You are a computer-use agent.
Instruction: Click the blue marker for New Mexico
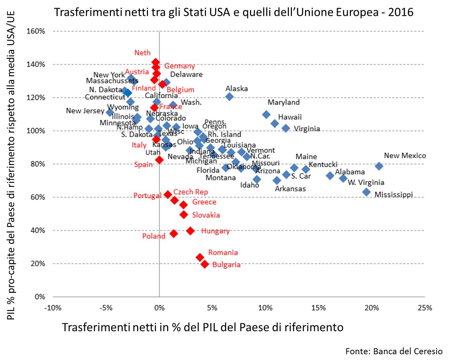click(x=379, y=166)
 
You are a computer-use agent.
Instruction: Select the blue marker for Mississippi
click(x=366, y=192)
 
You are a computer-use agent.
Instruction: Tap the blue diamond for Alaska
click(x=230, y=97)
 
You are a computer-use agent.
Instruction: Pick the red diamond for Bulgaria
click(x=205, y=264)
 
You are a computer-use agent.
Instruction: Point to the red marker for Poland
click(x=174, y=233)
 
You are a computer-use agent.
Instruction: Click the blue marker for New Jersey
click(x=110, y=112)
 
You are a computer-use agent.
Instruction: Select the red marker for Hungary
click(x=190, y=231)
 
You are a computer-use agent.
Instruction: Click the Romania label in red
click(x=223, y=253)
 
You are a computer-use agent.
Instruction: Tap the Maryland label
click(x=283, y=102)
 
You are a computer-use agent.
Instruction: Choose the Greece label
click(x=204, y=202)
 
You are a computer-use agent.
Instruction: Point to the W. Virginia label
click(x=366, y=183)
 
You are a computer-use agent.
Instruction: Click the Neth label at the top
click(x=143, y=53)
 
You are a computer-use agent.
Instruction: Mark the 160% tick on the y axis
click(x=36, y=31)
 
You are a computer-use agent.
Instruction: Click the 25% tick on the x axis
click(x=425, y=308)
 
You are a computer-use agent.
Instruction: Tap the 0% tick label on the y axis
click(x=40, y=297)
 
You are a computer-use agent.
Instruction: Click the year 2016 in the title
click(x=401, y=12)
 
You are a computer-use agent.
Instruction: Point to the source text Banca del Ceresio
click(x=408, y=352)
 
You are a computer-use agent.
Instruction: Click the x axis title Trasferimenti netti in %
click(x=203, y=327)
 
